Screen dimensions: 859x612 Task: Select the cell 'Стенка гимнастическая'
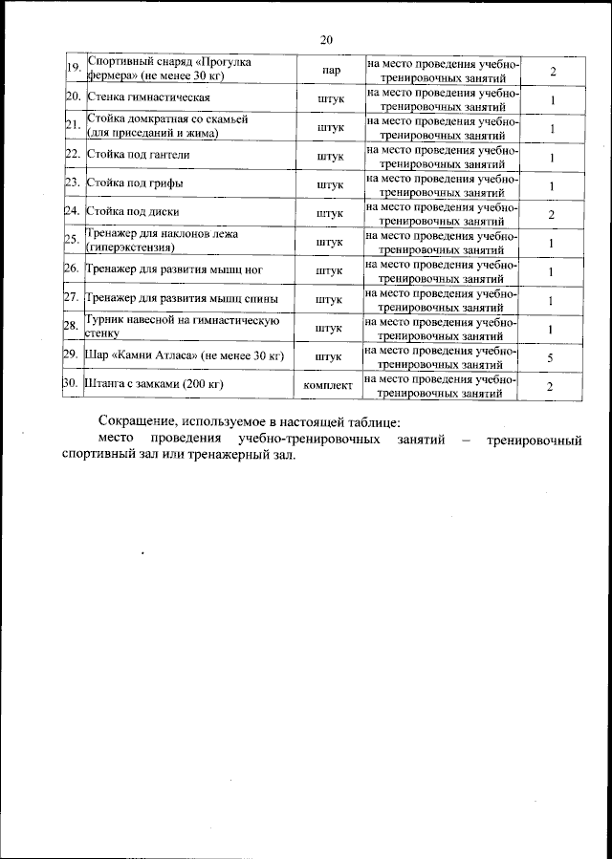(148, 98)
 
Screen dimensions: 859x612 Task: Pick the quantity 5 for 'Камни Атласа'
(551, 357)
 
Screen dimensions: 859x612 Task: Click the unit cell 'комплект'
(328, 385)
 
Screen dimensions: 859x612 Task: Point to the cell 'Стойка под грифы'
(136, 183)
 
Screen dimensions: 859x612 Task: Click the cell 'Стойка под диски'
(134, 211)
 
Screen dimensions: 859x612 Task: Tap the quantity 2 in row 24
(551, 215)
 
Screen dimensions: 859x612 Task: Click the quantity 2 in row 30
(551, 386)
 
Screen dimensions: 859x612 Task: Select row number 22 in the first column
(72, 155)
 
